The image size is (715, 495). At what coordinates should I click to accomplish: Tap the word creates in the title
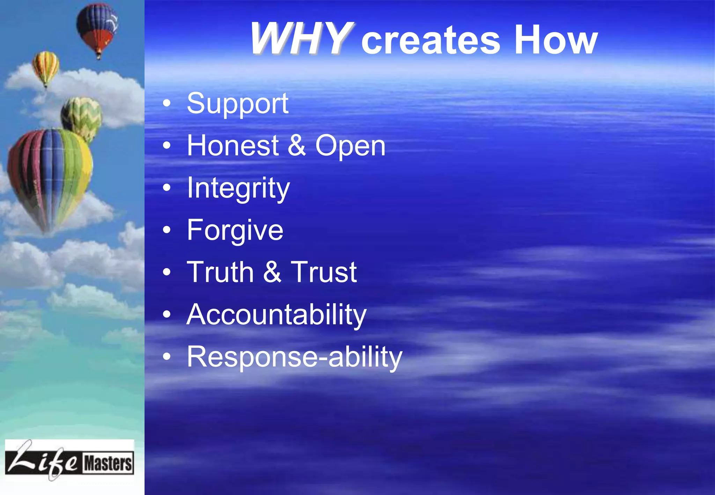431,41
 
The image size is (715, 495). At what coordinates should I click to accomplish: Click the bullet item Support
237,104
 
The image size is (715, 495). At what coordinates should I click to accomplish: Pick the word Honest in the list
233,146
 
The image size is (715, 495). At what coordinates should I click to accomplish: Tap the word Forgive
235,230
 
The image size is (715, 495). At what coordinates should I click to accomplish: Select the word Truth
220,272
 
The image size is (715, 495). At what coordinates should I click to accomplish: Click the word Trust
324,272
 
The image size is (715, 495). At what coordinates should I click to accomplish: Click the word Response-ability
294,357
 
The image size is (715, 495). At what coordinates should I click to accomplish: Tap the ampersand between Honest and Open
297,146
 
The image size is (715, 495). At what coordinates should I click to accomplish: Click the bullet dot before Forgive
167,230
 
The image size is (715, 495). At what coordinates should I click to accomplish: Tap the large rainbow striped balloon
50,175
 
